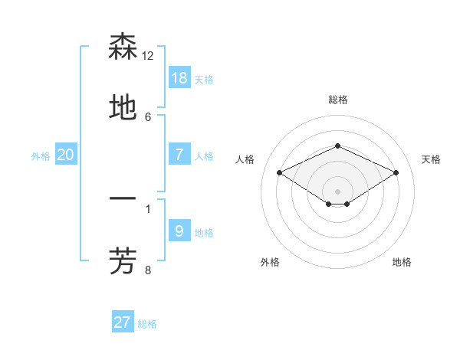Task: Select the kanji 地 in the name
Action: point(123,108)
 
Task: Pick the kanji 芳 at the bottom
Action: point(123,260)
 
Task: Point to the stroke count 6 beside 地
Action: point(148,116)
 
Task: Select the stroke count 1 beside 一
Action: point(148,208)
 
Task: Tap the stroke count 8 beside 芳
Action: point(148,269)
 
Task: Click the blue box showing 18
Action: point(179,78)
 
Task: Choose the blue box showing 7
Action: point(179,154)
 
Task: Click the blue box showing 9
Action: point(179,231)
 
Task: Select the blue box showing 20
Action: point(66,154)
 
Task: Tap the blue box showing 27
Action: point(123,322)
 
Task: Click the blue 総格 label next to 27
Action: point(147,324)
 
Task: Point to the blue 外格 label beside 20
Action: point(41,155)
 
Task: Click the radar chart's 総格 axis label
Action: point(337,100)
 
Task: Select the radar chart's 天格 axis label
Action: point(431,159)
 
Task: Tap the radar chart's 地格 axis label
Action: point(402,262)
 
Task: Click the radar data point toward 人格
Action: point(279,172)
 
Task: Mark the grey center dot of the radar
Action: point(337,191)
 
